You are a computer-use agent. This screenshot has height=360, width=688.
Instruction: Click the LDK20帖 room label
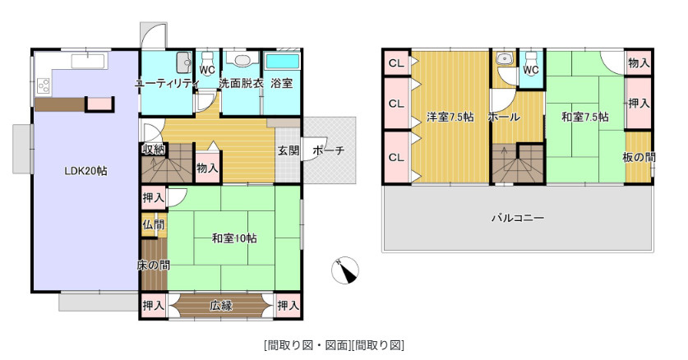coord(86,171)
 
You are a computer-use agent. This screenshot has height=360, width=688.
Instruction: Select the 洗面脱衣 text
coord(241,84)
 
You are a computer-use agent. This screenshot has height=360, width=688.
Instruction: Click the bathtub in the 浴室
coord(282,62)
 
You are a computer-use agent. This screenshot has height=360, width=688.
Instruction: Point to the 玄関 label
coord(288,150)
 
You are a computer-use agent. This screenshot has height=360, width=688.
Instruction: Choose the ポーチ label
coord(329,150)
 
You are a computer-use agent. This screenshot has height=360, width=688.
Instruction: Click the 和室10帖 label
coord(234,238)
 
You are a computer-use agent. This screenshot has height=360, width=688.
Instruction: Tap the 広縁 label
coord(220,306)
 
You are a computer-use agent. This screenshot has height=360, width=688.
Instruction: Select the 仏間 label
coord(153,224)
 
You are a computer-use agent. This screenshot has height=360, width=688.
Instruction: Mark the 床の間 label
coord(153,265)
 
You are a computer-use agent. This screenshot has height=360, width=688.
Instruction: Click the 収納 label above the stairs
coord(153,149)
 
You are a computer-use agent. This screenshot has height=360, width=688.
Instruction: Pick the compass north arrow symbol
coord(346,270)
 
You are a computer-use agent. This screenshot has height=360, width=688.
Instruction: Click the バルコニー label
coord(518,218)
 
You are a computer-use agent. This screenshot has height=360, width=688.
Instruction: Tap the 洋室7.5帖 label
coord(450,117)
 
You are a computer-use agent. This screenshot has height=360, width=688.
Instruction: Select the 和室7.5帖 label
coord(585,117)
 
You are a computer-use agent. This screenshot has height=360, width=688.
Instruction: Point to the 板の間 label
coord(639,157)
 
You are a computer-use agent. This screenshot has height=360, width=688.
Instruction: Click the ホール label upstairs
coord(504,117)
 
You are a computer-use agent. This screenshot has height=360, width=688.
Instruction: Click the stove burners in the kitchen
coord(43,83)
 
